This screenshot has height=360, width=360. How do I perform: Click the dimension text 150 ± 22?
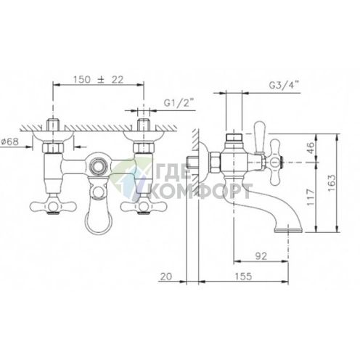pos(98,79)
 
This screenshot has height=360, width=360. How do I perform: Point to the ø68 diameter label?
pos(9,141)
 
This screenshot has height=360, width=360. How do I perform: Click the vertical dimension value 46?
pos(311,147)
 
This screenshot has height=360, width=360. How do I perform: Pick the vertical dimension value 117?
pos(311,197)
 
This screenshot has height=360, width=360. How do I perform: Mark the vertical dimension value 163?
pos(332,183)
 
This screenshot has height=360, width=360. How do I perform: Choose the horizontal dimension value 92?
pos(261,255)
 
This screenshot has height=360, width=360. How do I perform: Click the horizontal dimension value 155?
pos(243,276)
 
